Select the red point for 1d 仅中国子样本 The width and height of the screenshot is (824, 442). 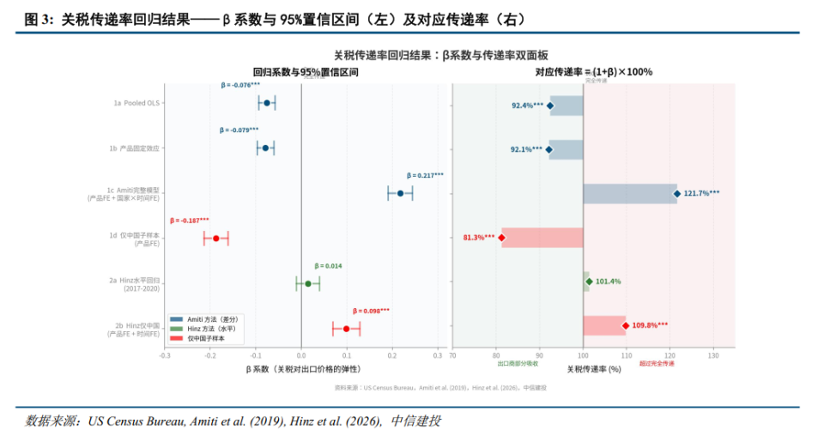(216, 239)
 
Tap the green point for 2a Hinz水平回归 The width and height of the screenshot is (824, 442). (308, 283)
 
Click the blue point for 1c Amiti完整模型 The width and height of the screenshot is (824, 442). (400, 193)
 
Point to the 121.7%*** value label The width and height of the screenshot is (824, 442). (701, 193)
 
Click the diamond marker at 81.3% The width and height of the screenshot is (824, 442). (501, 238)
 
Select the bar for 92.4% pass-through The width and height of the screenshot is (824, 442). (566, 106)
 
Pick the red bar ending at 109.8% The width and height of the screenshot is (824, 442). (604, 325)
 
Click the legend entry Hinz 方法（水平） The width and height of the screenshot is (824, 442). (209, 329)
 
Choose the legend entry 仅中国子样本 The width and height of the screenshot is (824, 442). (206, 338)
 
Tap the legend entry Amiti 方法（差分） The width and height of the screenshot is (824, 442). (210, 319)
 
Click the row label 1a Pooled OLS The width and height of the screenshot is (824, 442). (136, 103)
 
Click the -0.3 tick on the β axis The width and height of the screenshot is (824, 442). (165, 354)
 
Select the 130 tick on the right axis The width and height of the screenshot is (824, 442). (712, 354)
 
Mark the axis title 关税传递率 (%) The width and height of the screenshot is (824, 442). (593, 368)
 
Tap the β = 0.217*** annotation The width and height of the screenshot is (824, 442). (425, 175)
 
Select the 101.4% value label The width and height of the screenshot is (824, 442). (608, 282)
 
